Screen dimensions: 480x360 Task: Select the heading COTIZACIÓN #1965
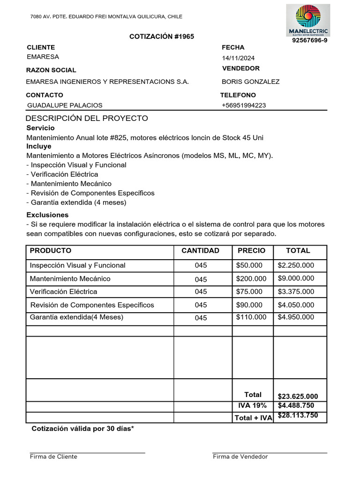click(162, 37)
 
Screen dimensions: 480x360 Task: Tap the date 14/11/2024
click(238, 58)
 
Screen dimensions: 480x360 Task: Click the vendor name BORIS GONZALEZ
click(250, 82)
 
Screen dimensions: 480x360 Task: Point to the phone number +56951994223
click(243, 105)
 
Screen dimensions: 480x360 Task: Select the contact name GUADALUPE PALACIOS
click(65, 105)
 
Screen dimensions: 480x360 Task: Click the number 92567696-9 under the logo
click(309, 40)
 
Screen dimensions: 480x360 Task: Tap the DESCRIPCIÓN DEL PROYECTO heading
click(87, 118)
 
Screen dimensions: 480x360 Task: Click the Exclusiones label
click(47, 215)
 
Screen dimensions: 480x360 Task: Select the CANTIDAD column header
click(200, 251)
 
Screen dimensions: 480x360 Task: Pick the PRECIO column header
click(251, 251)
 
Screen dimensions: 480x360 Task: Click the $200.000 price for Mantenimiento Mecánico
click(251, 279)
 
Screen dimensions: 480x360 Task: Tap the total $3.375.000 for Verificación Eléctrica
click(296, 292)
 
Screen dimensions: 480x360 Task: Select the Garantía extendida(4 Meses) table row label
click(76, 317)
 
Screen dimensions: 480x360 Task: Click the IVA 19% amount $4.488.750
click(296, 405)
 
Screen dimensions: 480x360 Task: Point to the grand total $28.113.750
click(298, 415)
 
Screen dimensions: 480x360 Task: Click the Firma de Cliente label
click(53, 457)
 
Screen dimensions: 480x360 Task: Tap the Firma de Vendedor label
click(240, 457)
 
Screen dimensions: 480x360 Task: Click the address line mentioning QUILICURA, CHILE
click(106, 16)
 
